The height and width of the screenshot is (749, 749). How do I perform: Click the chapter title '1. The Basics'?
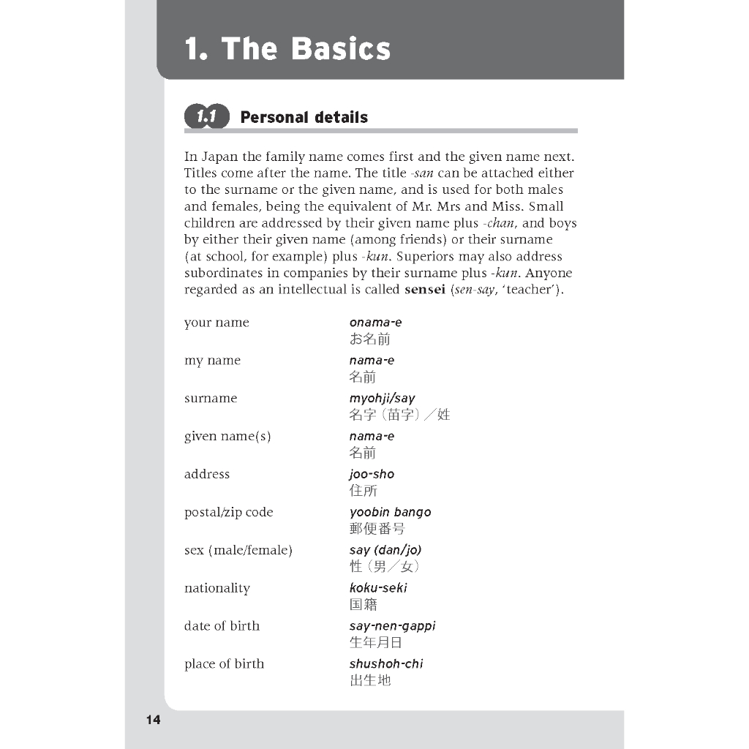coord(287,49)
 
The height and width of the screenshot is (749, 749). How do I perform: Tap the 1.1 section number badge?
coord(207,117)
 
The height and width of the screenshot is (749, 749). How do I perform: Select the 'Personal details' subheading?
coord(304,117)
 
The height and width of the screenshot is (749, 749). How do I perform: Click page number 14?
coord(153,720)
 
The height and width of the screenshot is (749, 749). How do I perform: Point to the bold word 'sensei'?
coord(424,290)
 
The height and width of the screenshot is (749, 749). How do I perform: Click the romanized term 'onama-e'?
coord(375,323)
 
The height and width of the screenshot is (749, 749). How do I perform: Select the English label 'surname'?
coord(211,398)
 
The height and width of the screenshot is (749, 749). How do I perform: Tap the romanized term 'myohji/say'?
coord(382,399)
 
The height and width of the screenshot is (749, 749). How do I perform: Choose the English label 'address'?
coord(207,474)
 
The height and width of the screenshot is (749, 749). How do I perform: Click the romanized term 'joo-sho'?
coord(372,474)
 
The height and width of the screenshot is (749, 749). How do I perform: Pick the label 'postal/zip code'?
coord(229,512)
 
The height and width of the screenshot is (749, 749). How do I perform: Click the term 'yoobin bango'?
coord(390,512)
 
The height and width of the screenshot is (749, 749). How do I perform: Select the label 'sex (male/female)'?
coord(238,550)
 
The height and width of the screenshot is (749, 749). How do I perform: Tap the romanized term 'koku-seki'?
coord(378,588)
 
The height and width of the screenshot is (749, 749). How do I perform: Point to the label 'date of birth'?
coord(222,626)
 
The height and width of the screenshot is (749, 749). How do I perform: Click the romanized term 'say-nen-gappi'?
coord(392,626)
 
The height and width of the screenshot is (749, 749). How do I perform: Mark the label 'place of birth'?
coord(224,664)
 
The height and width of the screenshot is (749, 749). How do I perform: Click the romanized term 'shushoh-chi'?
coord(386,664)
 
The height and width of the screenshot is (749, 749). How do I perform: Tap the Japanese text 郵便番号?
coord(377,529)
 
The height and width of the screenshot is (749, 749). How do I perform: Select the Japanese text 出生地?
coord(370,681)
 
